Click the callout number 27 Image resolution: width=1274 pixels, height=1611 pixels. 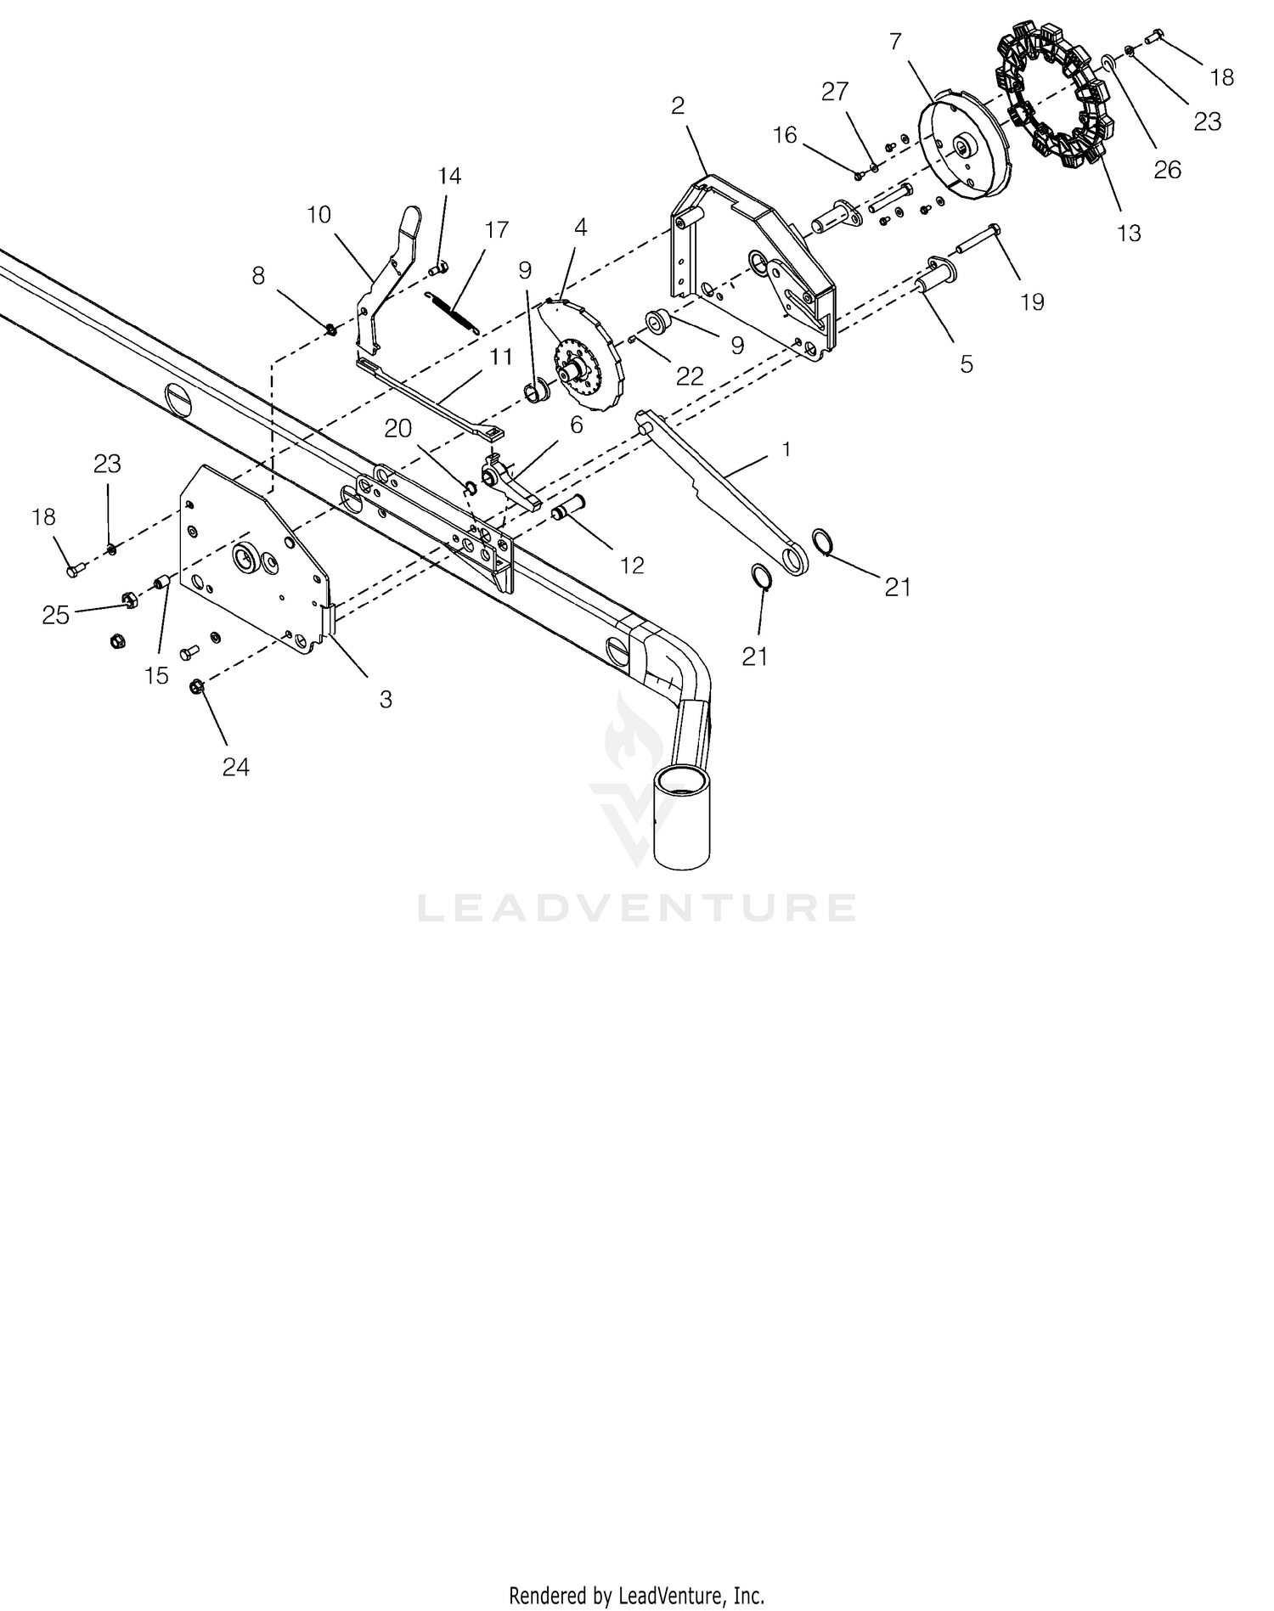(835, 92)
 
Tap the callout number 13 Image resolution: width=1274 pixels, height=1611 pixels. (1129, 232)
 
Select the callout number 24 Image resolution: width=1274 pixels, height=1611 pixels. (236, 767)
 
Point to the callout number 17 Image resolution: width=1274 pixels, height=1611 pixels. (496, 229)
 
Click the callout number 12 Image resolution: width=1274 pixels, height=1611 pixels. (632, 565)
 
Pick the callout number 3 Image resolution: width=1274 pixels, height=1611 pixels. (386, 699)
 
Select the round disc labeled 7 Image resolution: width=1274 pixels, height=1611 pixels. (967, 149)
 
